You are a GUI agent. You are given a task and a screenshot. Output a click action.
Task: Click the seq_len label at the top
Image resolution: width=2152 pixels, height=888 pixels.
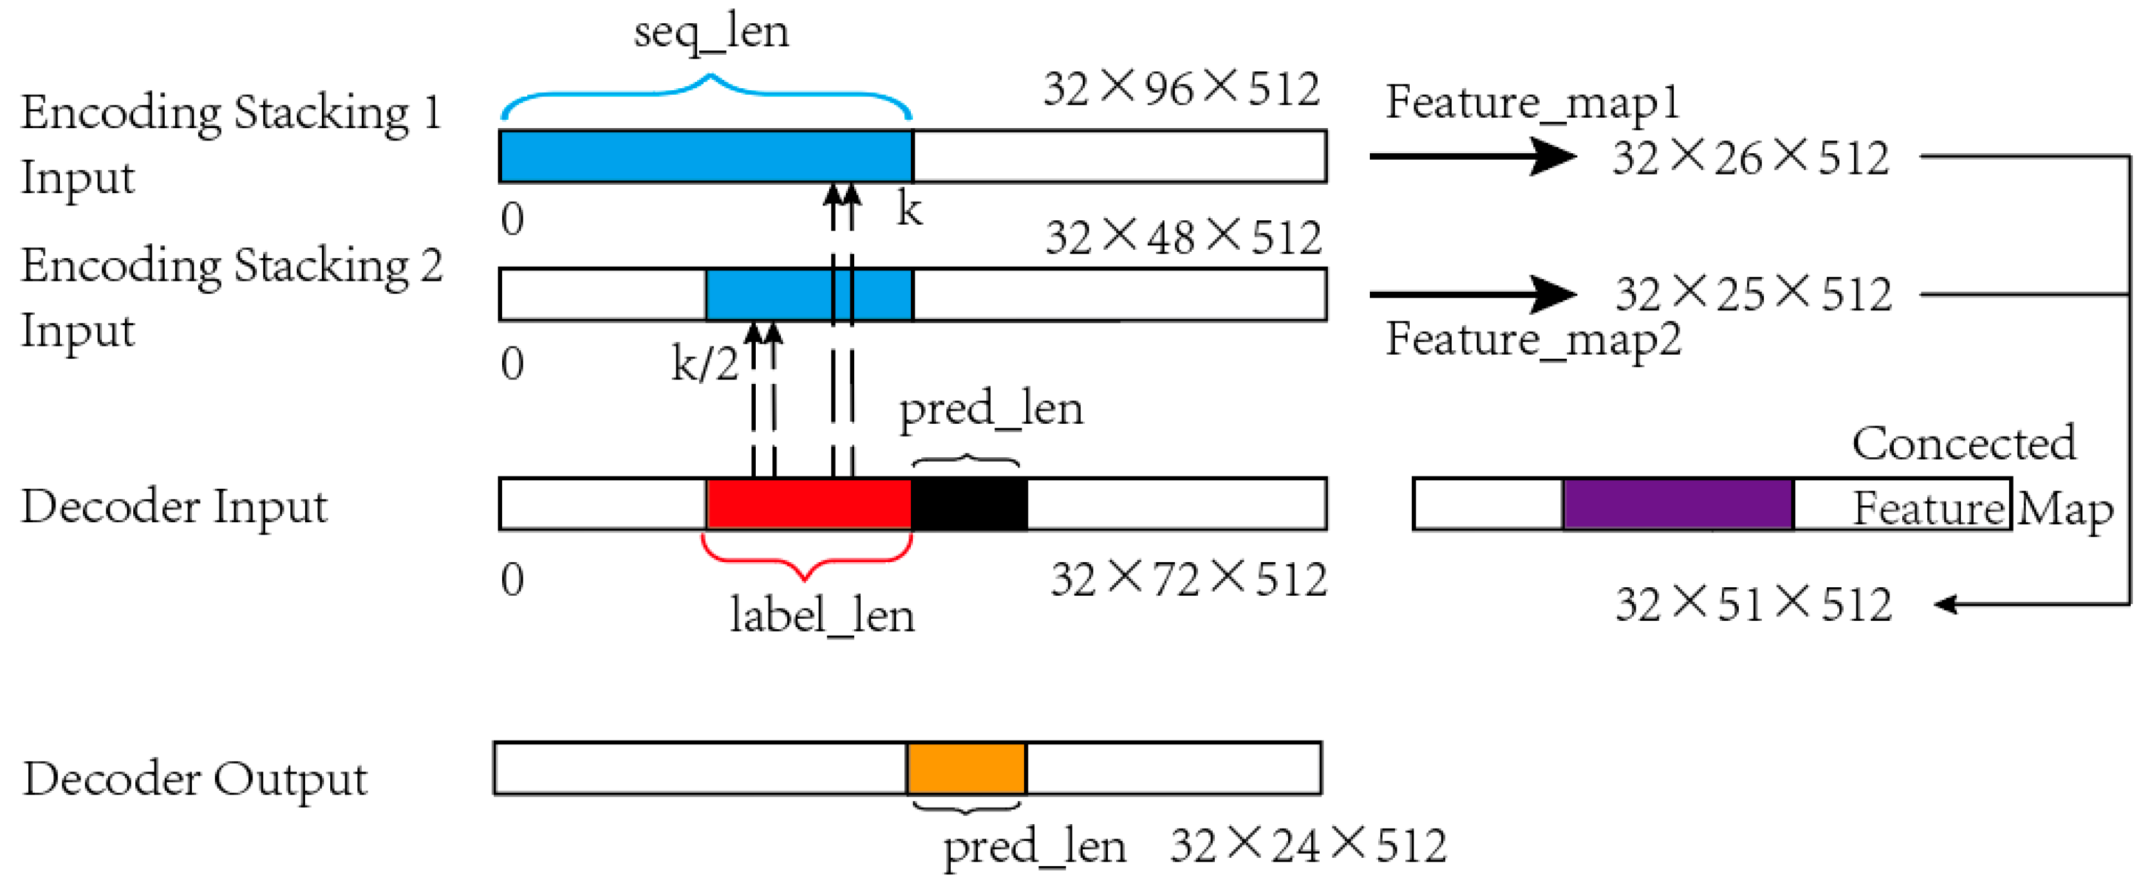point(711,33)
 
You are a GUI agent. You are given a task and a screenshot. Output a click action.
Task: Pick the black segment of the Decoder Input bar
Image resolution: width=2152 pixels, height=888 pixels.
point(968,504)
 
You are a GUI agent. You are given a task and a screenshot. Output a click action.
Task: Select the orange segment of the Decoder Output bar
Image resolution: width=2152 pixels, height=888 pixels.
point(966,768)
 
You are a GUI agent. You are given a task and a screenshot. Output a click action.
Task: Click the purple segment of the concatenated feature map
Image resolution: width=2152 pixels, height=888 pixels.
point(1678,504)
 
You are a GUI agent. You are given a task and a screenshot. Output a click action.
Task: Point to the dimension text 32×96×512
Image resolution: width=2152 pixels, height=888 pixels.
point(1181,89)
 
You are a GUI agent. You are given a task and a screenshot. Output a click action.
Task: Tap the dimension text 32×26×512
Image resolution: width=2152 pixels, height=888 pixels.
point(1750,158)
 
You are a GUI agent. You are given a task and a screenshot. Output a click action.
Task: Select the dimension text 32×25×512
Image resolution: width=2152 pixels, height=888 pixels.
point(1753,294)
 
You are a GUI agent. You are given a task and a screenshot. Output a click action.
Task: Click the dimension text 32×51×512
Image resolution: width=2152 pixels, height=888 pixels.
point(1753,604)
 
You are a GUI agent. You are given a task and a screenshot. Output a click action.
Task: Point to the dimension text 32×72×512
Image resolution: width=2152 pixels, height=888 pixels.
point(1188,579)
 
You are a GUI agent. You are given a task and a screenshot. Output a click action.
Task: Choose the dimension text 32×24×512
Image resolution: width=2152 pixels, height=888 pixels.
point(1307,845)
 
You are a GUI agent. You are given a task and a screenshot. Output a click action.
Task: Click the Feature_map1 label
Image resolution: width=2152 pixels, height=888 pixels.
point(1532,104)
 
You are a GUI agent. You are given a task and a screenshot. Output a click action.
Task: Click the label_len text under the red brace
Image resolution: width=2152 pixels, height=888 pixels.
point(821,616)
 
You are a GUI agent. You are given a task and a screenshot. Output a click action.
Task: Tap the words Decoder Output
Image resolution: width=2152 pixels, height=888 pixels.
point(194,779)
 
